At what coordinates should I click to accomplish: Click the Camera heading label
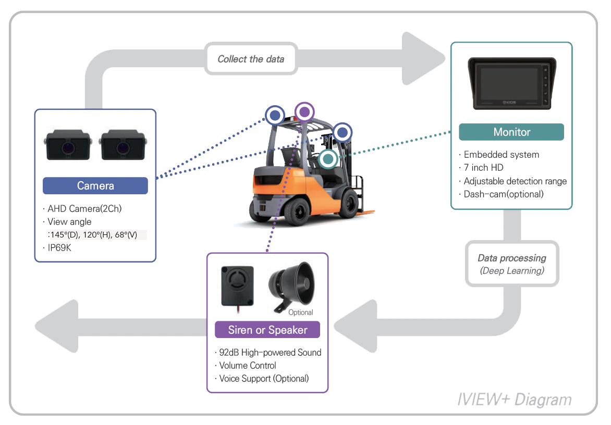[95, 186]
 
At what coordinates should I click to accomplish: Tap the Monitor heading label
[511, 132]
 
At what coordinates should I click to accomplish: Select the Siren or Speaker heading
[267, 330]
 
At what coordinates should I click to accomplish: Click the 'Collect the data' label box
[251, 59]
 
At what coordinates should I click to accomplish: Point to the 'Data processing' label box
[511, 264]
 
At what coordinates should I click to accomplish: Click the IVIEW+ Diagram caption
[514, 399]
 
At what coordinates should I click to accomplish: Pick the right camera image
[123, 145]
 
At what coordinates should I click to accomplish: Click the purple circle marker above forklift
[304, 111]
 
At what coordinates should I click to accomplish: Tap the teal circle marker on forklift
[328, 159]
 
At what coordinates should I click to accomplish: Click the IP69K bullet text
[59, 248]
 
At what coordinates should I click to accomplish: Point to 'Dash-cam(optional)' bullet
[503, 194]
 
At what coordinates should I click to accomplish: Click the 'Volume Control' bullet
[247, 366]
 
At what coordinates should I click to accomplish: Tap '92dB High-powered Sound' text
[270, 353]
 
